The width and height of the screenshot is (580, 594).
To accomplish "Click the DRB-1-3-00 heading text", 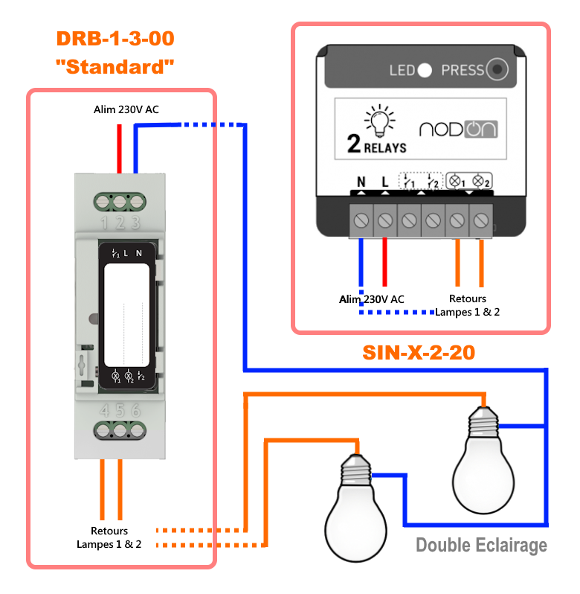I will click(115, 38).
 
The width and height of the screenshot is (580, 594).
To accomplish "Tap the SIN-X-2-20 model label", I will click(419, 352).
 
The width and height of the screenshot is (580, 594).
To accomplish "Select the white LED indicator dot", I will click(425, 71).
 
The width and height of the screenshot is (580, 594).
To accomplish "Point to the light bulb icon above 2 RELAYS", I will click(375, 118).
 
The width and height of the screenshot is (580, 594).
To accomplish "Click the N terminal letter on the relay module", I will click(361, 182).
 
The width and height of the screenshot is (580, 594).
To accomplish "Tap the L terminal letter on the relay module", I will click(384, 182).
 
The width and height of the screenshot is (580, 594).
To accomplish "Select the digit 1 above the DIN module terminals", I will click(103, 222).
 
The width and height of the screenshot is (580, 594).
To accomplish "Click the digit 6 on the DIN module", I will click(136, 410).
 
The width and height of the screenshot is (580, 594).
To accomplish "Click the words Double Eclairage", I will click(481, 545).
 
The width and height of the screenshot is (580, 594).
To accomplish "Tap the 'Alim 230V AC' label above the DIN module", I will click(126, 109).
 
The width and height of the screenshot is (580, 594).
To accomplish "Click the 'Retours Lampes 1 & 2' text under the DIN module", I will click(109, 537).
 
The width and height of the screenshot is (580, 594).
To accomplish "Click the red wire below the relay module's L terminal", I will click(384, 261).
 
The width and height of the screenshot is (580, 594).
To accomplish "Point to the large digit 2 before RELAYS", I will click(355, 144).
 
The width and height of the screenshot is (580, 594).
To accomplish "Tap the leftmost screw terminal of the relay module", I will click(361, 220).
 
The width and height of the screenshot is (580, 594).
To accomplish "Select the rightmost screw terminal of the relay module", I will click(480, 220).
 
